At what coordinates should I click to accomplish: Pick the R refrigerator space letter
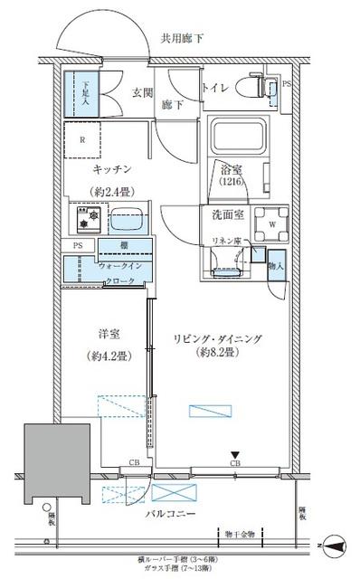(82, 138)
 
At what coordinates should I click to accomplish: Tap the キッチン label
(112, 169)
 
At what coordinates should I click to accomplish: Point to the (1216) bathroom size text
(231, 182)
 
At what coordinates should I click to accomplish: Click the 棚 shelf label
(121, 247)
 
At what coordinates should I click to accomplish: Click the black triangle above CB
(233, 455)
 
